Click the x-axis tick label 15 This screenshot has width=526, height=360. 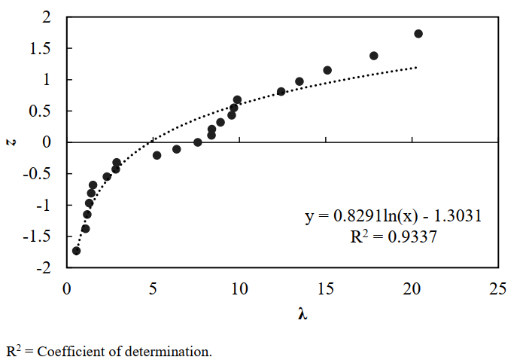(325, 288)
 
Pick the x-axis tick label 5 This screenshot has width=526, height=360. (153, 288)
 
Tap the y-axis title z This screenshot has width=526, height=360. (11, 142)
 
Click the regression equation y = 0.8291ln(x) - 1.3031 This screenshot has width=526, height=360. (393, 216)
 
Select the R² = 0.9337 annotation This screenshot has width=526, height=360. (393, 235)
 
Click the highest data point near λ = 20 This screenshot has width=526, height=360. (418, 33)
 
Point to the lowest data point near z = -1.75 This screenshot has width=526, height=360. (76, 251)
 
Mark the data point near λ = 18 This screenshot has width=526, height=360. (374, 56)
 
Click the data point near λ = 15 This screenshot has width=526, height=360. (327, 70)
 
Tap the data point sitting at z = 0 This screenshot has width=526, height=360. (198, 142)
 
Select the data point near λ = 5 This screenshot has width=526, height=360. (157, 155)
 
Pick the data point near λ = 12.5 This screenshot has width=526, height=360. (281, 91)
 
